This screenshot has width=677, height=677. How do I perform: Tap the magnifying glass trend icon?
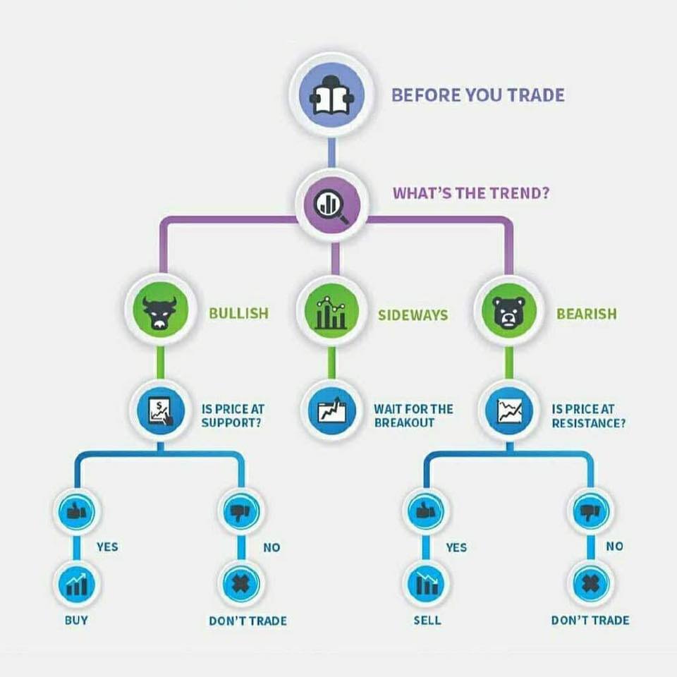(331, 204)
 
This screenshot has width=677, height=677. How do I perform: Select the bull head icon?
(160, 310)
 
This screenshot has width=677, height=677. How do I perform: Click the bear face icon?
(508, 311)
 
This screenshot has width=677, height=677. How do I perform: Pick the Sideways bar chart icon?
(331, 311)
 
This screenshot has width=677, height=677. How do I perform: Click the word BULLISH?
(239, 313)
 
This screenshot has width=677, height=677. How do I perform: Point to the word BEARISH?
(586, 314)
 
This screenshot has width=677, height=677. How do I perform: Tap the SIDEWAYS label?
(413, 315)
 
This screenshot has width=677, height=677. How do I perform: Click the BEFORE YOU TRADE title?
(478, 95)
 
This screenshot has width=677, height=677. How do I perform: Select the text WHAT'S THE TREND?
(471, 193)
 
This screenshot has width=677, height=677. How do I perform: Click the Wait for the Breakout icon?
(331, 410)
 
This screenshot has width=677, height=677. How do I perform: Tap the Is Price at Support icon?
(161, 410)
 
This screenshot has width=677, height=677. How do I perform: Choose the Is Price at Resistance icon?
(509, 410)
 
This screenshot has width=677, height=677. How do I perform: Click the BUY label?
(76, 621)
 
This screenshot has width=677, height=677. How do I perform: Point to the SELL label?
(427, 621)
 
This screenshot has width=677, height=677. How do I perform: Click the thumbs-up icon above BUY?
(77, 511)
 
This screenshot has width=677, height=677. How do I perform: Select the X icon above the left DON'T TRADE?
(241, 584)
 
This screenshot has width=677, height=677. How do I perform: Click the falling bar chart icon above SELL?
(427, 584)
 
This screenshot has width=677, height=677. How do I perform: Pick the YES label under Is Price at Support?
(107, 547)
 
